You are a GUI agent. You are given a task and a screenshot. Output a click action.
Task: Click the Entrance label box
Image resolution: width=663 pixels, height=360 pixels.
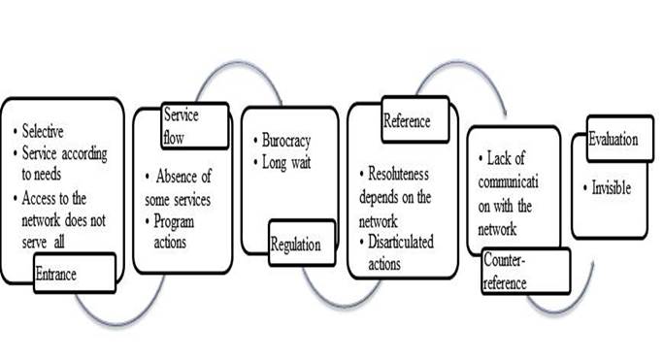(x=75, y=273)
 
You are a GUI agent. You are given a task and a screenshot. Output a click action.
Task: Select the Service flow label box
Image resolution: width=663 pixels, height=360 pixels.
(x=195, y=126)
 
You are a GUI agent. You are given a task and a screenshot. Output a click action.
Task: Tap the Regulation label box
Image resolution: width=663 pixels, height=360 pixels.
(x=302, y=243)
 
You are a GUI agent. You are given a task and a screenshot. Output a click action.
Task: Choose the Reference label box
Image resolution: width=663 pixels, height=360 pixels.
(x=414, y=119)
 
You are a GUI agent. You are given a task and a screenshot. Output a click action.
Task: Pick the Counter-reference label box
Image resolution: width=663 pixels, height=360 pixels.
(x=525, y=271)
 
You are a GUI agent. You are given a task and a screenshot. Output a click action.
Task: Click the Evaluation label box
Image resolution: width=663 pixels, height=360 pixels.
(x=620, y=139)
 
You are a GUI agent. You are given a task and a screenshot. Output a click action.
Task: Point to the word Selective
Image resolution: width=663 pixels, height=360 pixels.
(x=43, y=131)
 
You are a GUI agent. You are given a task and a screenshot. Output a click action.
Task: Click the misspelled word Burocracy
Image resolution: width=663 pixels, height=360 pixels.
(x=286, y=141)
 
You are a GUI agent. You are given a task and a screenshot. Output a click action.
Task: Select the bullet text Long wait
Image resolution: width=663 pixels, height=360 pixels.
(x=286, y=162)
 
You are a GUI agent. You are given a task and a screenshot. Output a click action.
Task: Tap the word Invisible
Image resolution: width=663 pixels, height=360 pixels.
(x=611, y=187)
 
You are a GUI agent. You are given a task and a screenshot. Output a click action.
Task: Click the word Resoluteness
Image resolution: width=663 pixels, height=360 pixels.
(x=398, y=174)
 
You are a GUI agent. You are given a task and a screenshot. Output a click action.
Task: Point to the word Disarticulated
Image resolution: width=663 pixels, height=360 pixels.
(x=401, y=242)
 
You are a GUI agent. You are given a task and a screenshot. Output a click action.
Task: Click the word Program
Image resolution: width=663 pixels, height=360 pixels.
(x=174, y=222)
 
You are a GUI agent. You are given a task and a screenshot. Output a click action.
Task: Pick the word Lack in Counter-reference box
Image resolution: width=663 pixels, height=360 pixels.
(x=499, y=158)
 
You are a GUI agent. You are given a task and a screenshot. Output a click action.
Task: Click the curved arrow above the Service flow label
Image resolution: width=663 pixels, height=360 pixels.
(x=240, y=62)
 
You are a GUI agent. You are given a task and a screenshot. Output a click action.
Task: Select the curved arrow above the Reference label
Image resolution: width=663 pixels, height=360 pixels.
(x=461, y=62)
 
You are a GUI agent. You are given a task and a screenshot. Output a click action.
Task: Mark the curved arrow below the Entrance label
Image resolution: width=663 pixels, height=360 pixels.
(x=118, y=324)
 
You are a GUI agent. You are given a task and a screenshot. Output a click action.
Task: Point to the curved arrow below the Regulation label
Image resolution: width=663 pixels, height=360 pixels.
(x=343, y=305)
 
